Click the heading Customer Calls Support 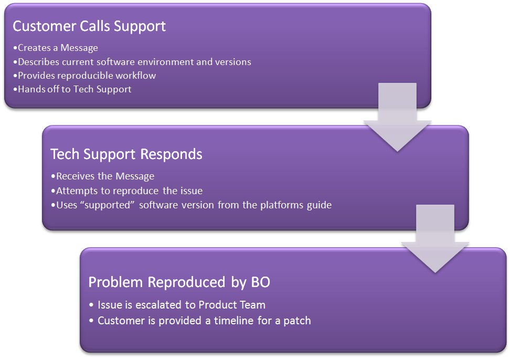89,26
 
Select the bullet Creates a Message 56,48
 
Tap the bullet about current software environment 132,62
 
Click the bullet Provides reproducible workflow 84,76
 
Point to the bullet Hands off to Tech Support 72,89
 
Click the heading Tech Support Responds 126,154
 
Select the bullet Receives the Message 103,176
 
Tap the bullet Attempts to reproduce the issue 127,191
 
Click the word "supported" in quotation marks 108,205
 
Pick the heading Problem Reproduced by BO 179,282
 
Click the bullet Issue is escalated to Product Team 177,305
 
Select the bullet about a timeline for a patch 200,321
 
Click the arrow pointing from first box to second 397,117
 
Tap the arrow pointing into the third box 435,239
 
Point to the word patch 297,321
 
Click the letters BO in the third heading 261,282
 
